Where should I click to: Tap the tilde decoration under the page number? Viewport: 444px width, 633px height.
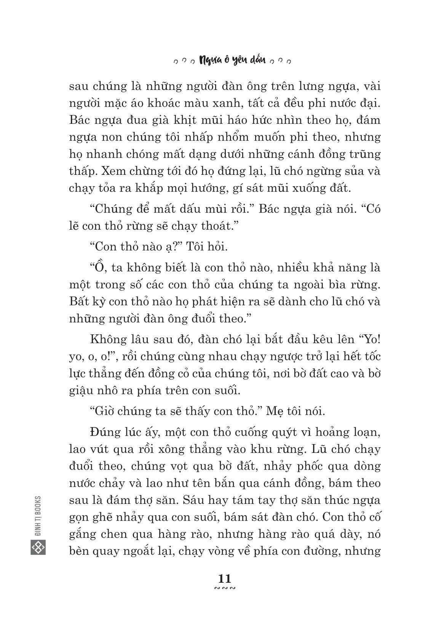pyautogui.click(x=225, y=589)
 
